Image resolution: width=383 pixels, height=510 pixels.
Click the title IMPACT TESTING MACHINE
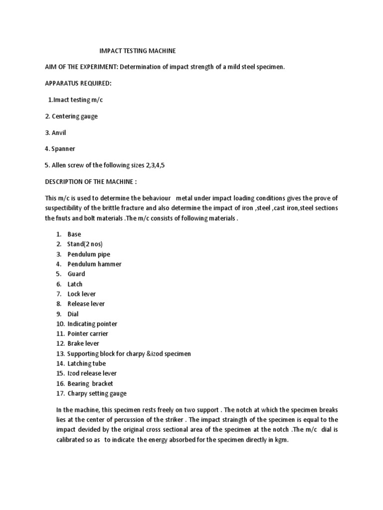click(138, 51)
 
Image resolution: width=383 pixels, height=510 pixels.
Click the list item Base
click(74, 234)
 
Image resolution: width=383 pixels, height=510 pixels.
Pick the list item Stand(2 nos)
click(85, 244)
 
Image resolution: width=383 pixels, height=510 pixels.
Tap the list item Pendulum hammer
click(94, 264)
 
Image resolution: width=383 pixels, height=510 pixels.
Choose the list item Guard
click(76, 274)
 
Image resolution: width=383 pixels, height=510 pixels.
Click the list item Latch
click(75, 284)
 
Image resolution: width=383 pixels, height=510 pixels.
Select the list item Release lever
click(86, 304)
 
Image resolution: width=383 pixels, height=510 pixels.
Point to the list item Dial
click(73, 314)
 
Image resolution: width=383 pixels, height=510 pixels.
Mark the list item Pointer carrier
click(88, 334)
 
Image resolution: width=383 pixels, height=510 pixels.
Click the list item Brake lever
click(83, 344)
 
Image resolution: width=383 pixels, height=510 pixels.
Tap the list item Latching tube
click(86, 364)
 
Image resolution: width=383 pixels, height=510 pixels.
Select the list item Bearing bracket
click(90, 383)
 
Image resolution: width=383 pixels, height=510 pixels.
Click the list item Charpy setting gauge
click(97, 393)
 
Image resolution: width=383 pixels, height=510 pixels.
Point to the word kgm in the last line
click(281, 440)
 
